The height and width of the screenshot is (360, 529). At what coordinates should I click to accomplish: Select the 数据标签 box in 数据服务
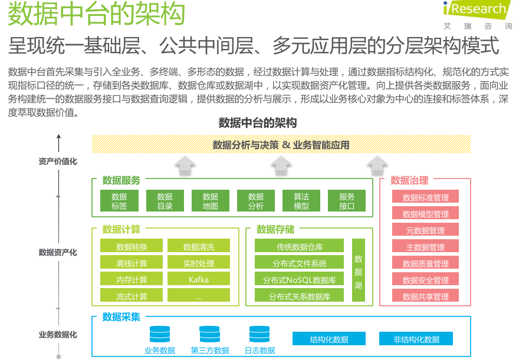point(119,201)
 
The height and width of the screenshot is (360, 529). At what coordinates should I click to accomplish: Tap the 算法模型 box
point(301,201)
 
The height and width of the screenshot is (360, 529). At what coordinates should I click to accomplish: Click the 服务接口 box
point(347,201)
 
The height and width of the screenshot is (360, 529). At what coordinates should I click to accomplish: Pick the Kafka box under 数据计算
point(199,279)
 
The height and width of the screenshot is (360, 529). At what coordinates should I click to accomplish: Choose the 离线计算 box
point(132,263)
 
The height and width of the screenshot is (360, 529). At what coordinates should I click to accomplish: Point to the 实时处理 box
point(199,263)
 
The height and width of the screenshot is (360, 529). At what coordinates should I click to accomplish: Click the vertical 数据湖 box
point(358,271)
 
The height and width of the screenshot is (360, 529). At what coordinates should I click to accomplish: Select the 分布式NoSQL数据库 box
point(299,279)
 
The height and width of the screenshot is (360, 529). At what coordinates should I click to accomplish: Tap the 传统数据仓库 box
point(299,246)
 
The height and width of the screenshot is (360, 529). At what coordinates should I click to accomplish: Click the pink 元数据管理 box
point(425,230)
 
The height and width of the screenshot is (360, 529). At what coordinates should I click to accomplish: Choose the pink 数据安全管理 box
point(425,279)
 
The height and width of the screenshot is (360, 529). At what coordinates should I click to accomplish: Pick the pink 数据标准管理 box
point(425,197)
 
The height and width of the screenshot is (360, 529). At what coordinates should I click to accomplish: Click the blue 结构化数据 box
point(329,339)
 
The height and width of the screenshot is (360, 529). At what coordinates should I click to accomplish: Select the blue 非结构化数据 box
point(416,339)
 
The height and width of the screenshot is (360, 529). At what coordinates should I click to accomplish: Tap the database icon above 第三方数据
point(209,335)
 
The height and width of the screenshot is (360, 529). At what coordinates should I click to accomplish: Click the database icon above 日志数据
point(259,335)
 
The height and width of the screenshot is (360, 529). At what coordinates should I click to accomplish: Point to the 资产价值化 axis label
point(58,161)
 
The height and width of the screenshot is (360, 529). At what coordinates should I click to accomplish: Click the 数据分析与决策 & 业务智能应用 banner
point(281,144)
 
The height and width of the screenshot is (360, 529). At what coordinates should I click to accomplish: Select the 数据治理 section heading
point(409,180)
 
